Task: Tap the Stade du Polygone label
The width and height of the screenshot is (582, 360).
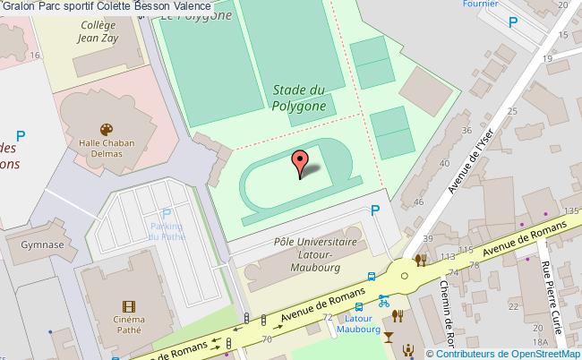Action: pos(298,97)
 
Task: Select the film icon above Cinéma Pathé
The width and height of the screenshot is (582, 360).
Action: pos(130,307)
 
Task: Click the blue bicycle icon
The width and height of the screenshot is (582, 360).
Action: pos(383,301)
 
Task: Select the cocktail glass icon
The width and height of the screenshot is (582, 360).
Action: pos(387,339)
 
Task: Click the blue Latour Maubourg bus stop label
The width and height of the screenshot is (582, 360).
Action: pos(359,323)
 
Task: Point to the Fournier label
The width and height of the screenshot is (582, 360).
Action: pos(480,4)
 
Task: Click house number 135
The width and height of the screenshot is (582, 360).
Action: pos(569,210)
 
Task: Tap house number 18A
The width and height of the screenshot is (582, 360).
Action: pos(540,342)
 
